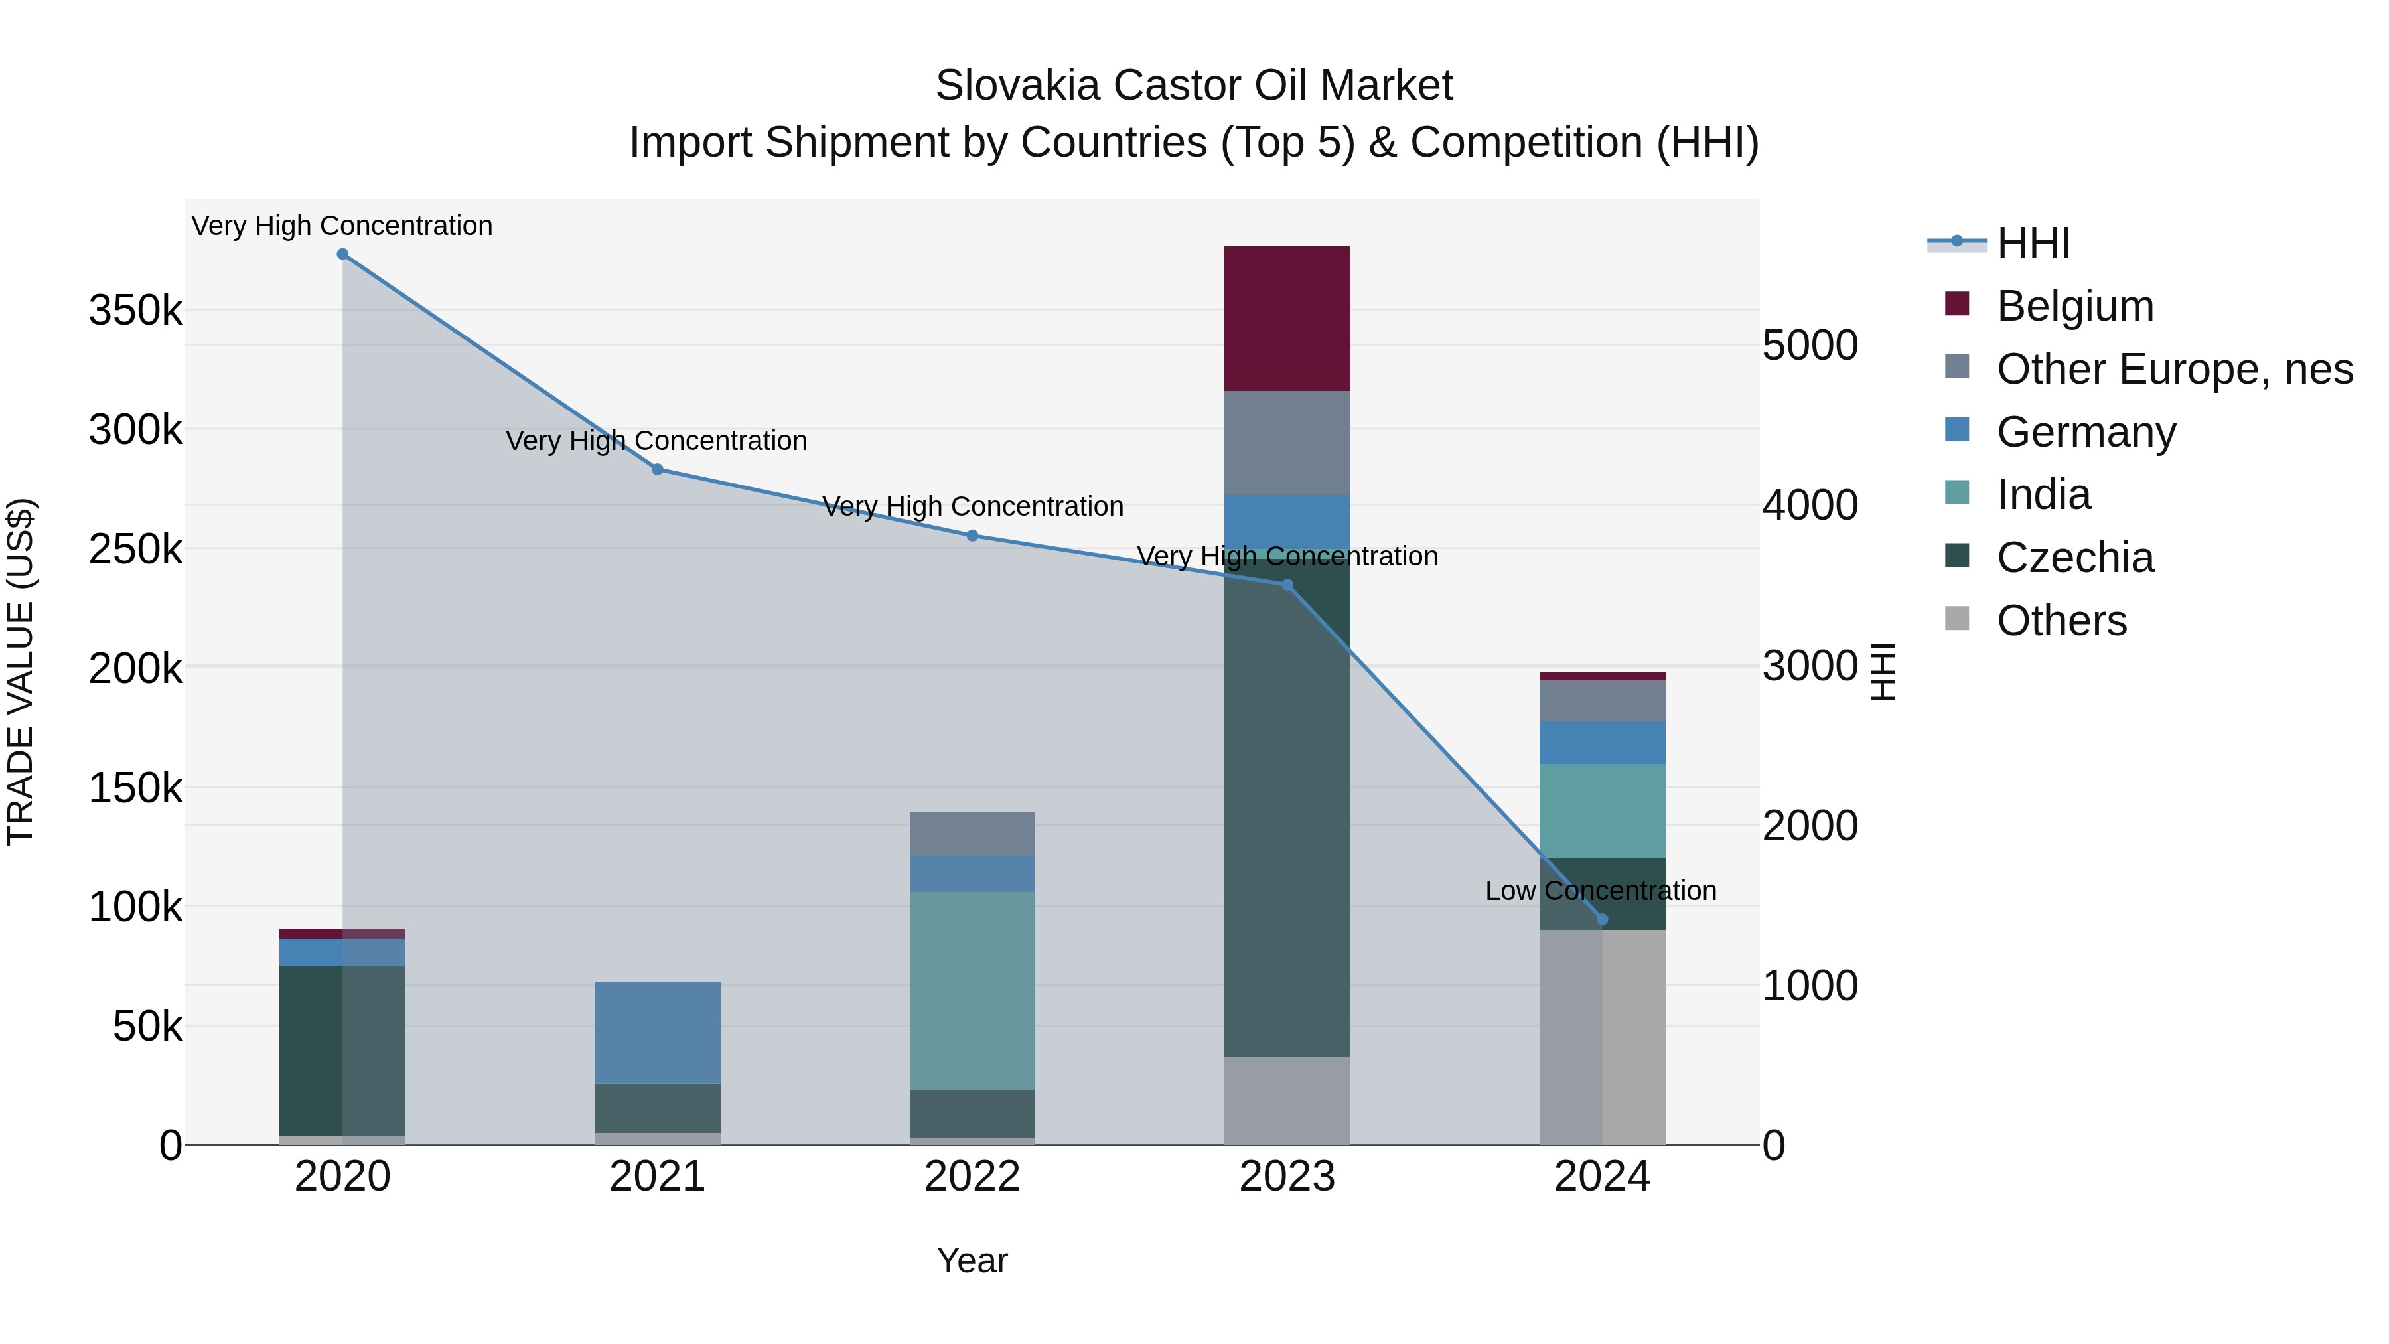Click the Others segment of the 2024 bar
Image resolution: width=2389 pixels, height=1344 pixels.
(x=1602, y=1036)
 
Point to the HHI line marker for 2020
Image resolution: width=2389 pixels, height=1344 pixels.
(x=342, y=254)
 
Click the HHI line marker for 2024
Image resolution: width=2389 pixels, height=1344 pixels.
(x=1602, y=919)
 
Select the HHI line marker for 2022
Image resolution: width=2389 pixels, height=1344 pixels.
(x=972, y=535)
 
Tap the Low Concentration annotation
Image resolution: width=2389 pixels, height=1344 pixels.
(x=1600, y=891)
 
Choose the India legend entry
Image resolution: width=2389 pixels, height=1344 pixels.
(x=2043, y=494)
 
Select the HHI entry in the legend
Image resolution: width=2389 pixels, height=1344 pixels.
(x=2033, y=243)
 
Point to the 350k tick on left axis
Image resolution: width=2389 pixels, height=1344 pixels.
(x=135, y=310)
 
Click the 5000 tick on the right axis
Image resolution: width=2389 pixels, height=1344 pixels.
(x=1810, y=345)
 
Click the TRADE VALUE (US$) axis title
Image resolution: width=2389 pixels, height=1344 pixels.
(x=21, y=672)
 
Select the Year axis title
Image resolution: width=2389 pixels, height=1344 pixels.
(x=972, y=1260)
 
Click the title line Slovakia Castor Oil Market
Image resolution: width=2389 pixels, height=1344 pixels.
(x=1194, y=86)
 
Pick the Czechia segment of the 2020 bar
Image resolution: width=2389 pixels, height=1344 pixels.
(x=342, y=1050)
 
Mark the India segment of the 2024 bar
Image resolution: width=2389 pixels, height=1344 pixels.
(x=1602, y=810)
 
